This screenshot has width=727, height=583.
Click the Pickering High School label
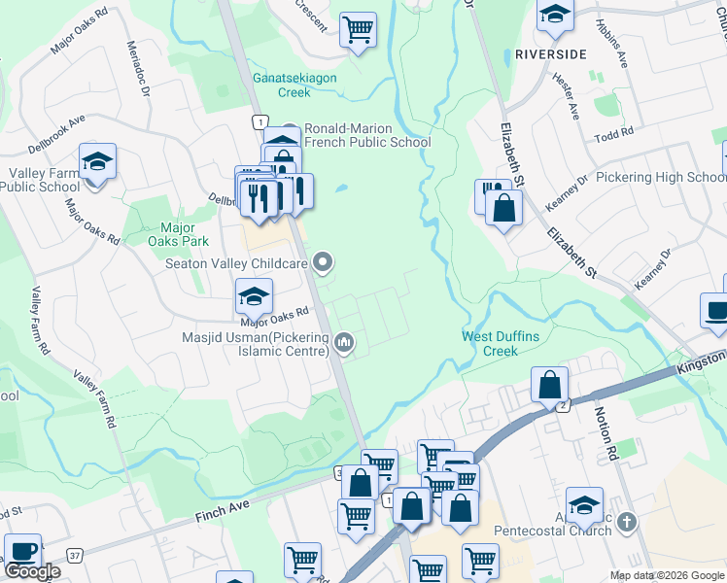coord(661,178)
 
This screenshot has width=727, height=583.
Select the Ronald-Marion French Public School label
coord(367,135)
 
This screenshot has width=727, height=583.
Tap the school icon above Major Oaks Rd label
coord(254,294)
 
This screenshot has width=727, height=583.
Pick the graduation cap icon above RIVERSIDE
coord(556,15)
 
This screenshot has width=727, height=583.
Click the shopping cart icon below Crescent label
coord(359,28)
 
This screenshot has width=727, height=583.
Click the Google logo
coord(32,572)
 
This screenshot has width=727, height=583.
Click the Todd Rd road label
coord(614,133)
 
